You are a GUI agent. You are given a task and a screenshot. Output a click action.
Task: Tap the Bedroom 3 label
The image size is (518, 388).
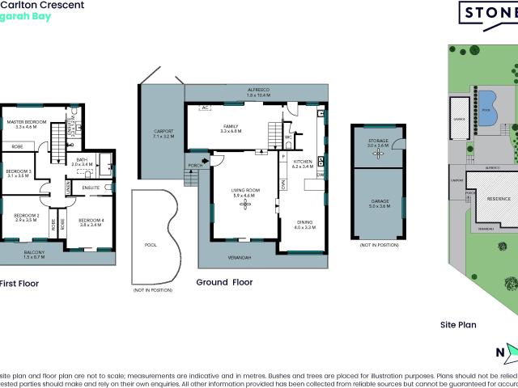click(x=19, y=172)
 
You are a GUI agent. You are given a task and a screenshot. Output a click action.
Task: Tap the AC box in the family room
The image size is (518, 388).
click(x=204, y=107)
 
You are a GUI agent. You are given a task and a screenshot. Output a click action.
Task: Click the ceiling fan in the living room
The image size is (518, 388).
click(x=244, y=204)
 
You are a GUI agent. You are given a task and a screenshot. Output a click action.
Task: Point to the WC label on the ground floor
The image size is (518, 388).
click(x=287, y=137)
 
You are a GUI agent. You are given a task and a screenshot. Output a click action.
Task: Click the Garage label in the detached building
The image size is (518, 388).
click(x=379, y=202)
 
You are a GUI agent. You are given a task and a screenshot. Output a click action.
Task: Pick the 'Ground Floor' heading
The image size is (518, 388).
click(x=225, y=283)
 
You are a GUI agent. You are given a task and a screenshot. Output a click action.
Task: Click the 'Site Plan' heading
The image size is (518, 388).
click(x=457, y=324)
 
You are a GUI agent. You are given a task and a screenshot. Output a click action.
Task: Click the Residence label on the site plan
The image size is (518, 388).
click(x=497, y=198)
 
